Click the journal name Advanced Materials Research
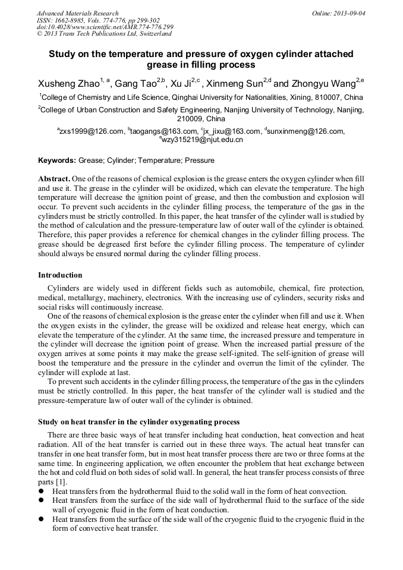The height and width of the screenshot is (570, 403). (77, 13)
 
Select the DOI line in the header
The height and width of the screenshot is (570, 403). (105, 27)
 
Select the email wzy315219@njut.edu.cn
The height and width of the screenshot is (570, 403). (203, 140)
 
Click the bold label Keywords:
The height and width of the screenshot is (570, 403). (57, 160)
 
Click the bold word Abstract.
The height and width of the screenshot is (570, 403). (54, 179)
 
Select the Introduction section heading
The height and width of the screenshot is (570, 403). (60, 275)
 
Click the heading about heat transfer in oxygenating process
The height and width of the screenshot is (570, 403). (138, 421)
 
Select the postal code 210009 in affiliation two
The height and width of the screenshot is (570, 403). (202, 118)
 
